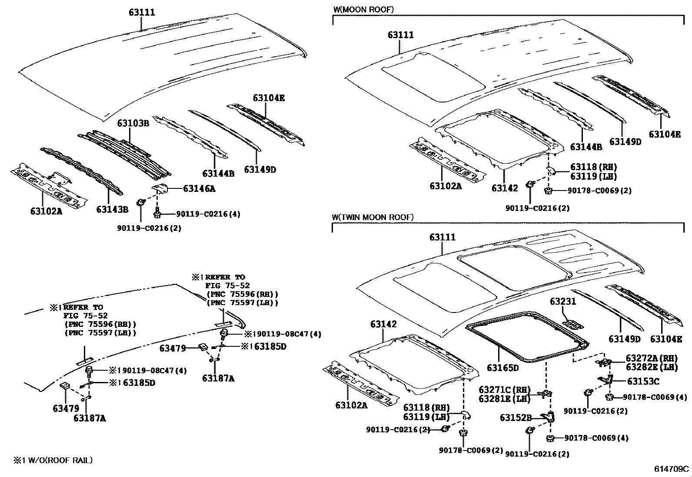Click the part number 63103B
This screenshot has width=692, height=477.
pyautogui.click(x=133, y=123)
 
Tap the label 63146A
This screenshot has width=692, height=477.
pyautogui.click(x=199, y=188)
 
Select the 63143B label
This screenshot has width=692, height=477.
pyautogui.click(x=112, y=210)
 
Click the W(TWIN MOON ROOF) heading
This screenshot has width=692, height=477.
pyautogui.click(x=373, y=217)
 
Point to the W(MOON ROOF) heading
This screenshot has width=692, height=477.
pyautogui.click(x=363, y=9)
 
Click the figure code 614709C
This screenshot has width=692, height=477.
pyautogui.click(x=672, y=469)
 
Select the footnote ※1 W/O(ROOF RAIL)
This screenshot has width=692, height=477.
pyautogui.click(x=52, y=460)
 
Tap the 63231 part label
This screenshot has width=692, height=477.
pyautogui.click(x=562, y=301)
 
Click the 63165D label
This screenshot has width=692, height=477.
pyautogui.click(x=502, y=368)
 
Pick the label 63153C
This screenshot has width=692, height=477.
pyautogui.click(x=643, y=382)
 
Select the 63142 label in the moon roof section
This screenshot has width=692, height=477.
pyautogui.click(x=505, y=188)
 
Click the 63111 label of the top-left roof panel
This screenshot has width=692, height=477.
pyautogui.click(x=142, y=13)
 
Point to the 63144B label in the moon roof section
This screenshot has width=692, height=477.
pyautogui.click(x=586, y=147)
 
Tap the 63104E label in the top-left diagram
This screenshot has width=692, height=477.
pyautogui.click(x=269, y=98)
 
